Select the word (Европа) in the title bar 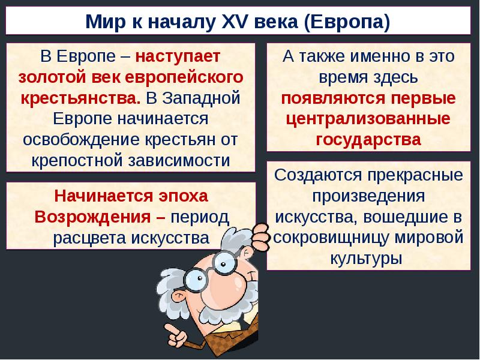click(x=347, y=23)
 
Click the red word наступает click(x=178, y=58)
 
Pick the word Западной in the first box click(x=202, y=98)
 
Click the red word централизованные click(x=369, y=119)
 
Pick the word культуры click(x=365, y=258)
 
